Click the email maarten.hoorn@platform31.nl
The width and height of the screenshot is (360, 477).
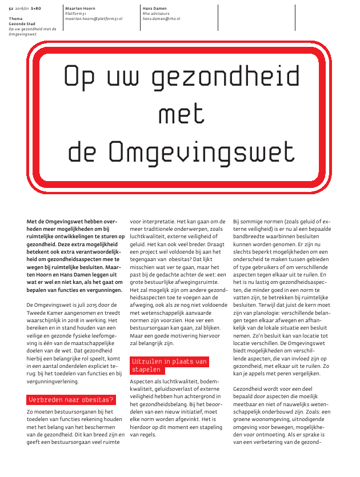[93, 19]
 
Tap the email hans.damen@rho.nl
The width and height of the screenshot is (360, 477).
[161, 19]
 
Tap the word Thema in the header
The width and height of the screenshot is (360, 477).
[15, 19]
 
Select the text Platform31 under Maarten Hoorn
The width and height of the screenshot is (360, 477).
[75, 14]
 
